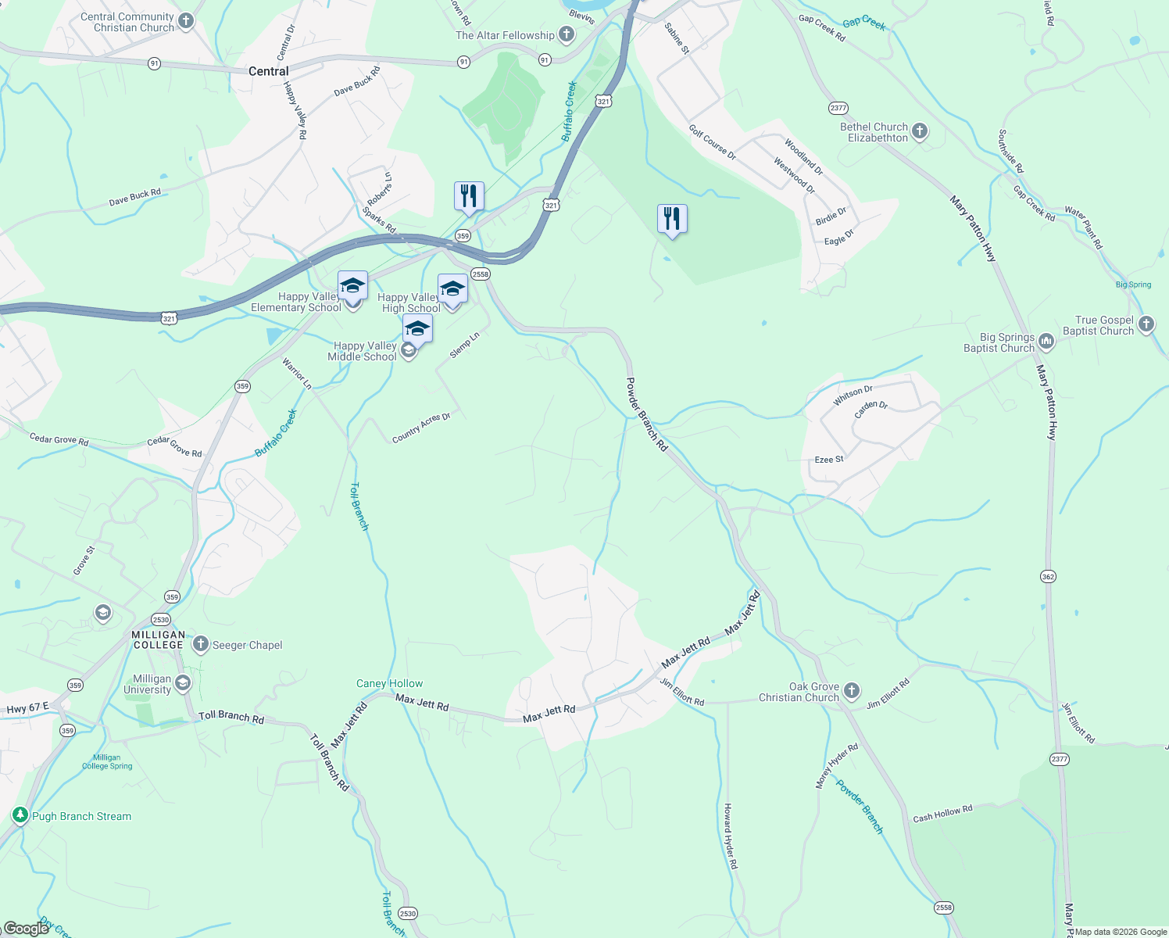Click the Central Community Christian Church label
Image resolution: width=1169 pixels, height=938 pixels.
(x=127, y=22)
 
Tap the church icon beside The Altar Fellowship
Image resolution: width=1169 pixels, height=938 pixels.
(x=567, y=35)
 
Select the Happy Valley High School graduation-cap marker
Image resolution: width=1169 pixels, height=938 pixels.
(x=452, y=289)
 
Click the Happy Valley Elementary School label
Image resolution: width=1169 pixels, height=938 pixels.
(x=296, y=303)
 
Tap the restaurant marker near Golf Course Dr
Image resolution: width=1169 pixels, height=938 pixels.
(x=672, y=220)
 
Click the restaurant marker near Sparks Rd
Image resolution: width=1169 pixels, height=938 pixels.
(x=469, y=196)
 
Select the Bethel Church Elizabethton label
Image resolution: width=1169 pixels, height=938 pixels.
(x=874, y=132)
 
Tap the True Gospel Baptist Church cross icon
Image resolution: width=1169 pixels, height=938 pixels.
(x=1146, y=324)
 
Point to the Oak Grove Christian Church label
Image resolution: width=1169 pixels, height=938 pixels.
(x=799, y=692)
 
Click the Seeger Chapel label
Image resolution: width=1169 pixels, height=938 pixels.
(x=247, y=645)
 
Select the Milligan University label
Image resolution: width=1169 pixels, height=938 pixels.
(x=147, y=684)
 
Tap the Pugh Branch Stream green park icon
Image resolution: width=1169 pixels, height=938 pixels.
(x=20, y=815)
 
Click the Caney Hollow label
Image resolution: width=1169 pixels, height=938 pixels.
(x=389, y=683)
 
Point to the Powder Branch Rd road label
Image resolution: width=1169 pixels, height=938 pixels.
(x=647, y=414)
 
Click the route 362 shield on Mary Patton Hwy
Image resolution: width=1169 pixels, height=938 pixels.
(x=1048, y=576)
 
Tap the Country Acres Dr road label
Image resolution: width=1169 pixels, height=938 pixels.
(x=421, y=428)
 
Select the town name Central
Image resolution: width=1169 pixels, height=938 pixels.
(x=268, y=71)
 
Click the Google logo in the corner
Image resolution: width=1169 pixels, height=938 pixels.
(x=27, y=928)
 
